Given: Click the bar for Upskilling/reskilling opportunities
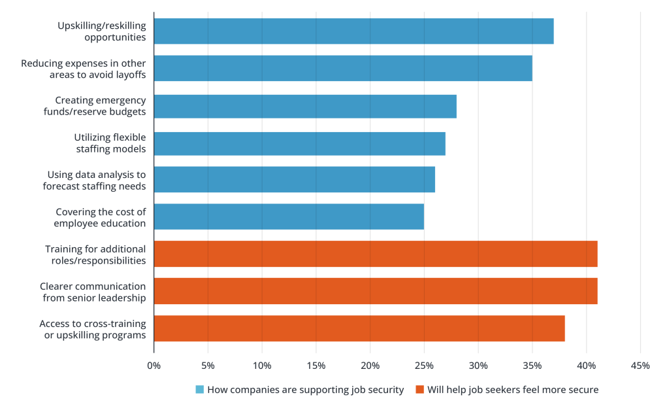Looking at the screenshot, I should point(353,31).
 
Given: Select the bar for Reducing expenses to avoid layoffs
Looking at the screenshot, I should point(343,69).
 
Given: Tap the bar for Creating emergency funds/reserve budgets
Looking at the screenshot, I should point(305,106).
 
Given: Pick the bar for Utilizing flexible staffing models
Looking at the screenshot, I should point(299,143).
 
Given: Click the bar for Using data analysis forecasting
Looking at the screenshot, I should point(294,179).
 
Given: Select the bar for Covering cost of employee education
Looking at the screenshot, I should point(289,217).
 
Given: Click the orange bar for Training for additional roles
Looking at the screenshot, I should point(376,254).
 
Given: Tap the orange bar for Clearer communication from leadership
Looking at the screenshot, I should point(376,291).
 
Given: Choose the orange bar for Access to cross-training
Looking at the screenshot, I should point(359,328).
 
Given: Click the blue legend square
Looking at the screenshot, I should point(200,390).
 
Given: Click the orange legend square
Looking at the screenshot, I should point(419,390).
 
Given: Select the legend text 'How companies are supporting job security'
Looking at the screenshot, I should point(305,390).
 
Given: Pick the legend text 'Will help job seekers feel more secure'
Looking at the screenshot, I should point(513,390).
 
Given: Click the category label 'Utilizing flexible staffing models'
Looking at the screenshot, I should point(109,143).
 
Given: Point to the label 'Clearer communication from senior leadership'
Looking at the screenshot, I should point(93,292).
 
